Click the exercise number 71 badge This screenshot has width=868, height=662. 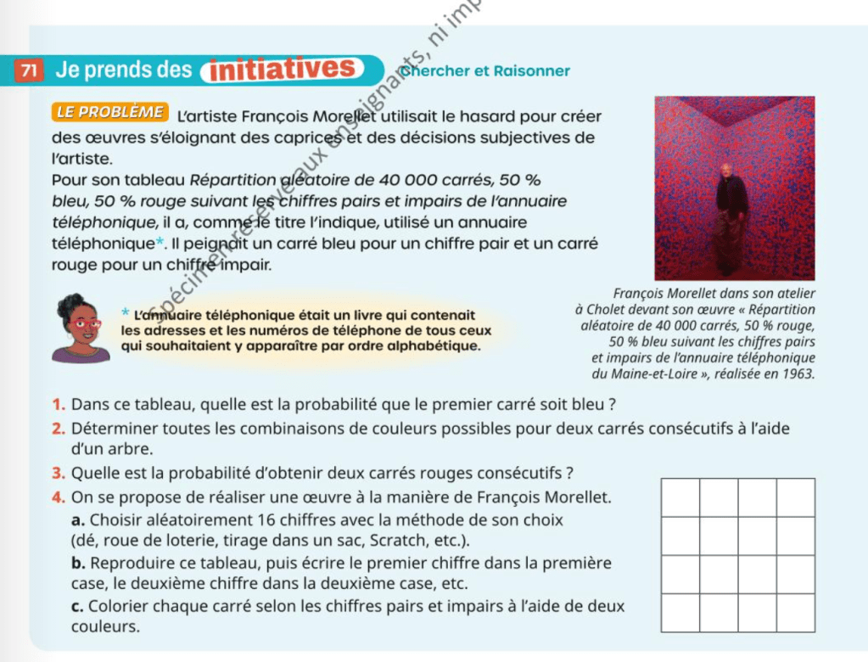(x=29, y=70)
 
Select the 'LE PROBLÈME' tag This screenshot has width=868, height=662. (x=109, y=112)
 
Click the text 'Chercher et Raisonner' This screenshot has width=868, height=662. (x=485, y=71)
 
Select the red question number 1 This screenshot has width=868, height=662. (x=57, y=404)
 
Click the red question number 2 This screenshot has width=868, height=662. (x=57, y=429)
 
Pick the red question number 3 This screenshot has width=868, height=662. (x=57, y=473)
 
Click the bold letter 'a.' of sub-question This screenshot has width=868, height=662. (x=78, y=519)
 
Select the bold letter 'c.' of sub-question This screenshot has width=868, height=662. (x=77, y=606)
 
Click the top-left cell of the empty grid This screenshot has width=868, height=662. (x=680, y=498)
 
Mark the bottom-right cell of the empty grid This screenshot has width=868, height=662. (x=795, y=613)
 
